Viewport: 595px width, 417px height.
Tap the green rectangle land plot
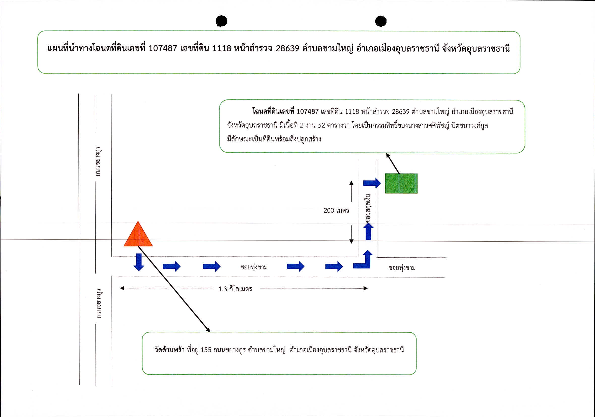pos(401,183)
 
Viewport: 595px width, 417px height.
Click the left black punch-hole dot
pos(221,21)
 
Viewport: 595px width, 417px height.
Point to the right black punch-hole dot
pos(381,21)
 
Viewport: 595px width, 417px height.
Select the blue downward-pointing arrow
pos(139,262)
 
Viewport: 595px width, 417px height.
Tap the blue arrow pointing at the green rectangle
pos(372,183)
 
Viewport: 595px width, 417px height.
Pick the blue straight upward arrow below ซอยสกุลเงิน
pos(368,232)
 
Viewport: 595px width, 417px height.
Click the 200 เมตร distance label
pos(336,211)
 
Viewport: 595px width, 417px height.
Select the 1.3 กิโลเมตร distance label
pos(235,289)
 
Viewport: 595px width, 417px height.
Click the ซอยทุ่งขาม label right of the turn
pos(402,268)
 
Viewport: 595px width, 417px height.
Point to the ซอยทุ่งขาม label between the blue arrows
pos(254,267)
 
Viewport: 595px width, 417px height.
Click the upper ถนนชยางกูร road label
pos(98,162)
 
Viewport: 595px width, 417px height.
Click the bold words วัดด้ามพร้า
pos(169,350)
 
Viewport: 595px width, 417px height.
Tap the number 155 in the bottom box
pos(206,350)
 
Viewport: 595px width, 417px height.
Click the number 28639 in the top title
pos(287,48)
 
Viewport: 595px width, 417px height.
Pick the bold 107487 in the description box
pos(308,111)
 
